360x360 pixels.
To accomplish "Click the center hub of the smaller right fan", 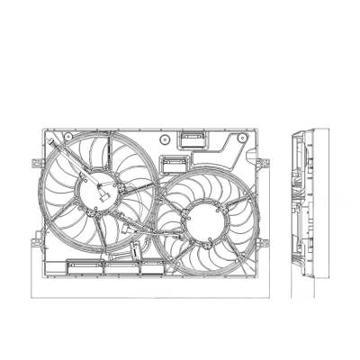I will pyautogui.click(x=200, y=221).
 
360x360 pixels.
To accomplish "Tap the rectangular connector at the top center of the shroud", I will pyautogui.click(x=191, y=139).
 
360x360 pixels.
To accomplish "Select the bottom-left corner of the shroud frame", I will pyautogui.click(x=43, y=274).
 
